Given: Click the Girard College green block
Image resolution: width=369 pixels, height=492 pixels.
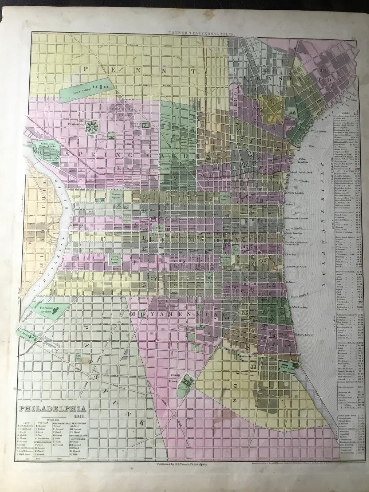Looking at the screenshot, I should [85, 89].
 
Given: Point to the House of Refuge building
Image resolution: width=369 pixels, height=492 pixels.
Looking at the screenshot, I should [145, 126].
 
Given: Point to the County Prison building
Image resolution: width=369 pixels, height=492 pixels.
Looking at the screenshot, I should [185, 382].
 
